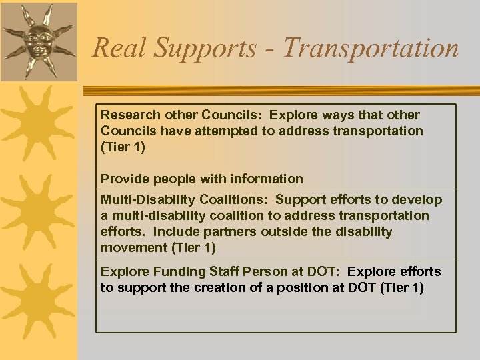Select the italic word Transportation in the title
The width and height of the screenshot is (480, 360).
371,48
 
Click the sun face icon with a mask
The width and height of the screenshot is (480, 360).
38,40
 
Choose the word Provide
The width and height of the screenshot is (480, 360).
125,179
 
